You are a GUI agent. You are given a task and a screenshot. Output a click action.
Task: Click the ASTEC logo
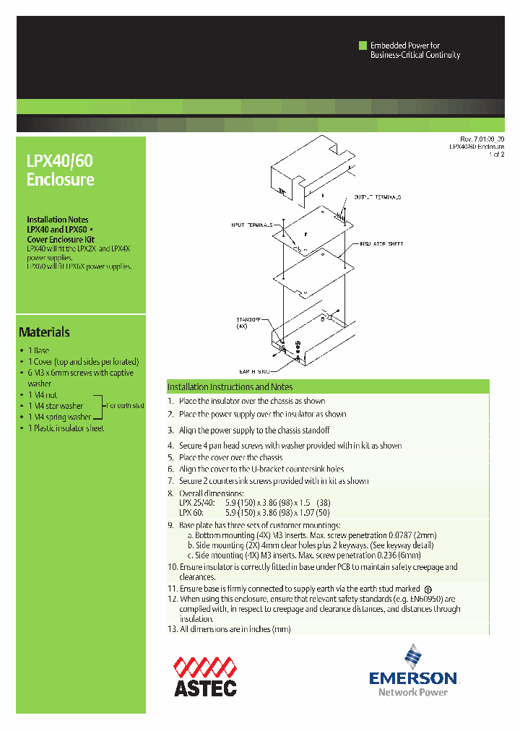204,675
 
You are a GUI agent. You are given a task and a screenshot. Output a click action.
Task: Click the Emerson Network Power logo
413,671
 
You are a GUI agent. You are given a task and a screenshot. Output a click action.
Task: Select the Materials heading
44,332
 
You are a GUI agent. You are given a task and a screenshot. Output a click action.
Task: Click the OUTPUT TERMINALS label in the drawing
376,196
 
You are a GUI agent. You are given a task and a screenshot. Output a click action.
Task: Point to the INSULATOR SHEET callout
382,245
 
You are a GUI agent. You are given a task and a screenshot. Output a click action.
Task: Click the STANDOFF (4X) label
248,322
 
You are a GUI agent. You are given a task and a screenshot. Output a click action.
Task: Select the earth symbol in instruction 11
428,589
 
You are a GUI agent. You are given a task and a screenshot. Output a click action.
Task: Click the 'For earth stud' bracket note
126,406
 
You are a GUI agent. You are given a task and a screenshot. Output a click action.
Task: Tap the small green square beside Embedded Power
363,46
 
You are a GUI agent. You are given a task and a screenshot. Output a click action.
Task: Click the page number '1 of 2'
496,155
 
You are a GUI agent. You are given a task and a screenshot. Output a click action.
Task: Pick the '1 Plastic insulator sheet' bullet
66,428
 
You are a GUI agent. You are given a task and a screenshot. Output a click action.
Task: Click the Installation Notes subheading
58,220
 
